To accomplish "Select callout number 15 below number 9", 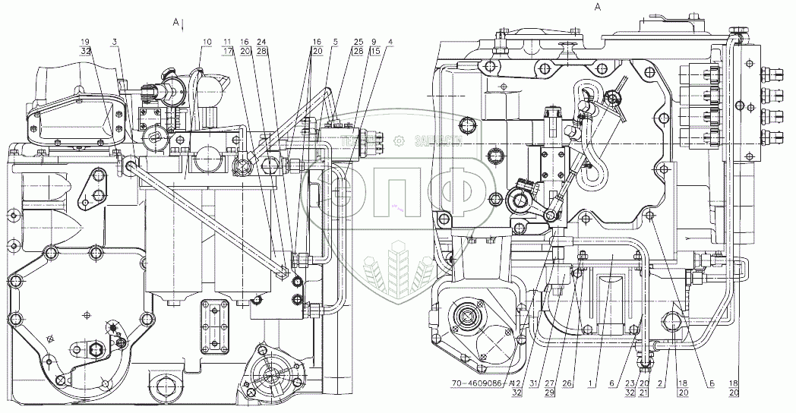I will point(374,52).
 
